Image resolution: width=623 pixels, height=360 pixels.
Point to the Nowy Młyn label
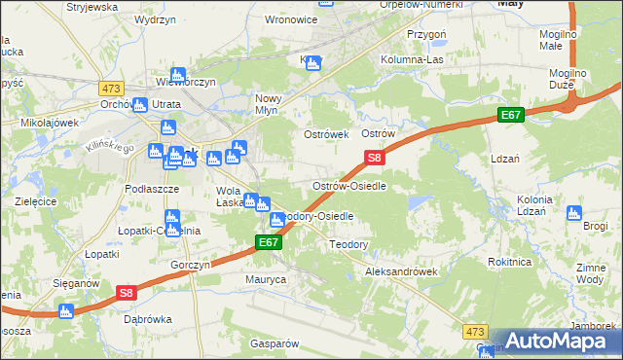[x=274, y=104]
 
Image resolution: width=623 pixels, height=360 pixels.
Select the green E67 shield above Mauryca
[x=270, y=242]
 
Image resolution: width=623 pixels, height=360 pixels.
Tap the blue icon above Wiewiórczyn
[x=178, y=74]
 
